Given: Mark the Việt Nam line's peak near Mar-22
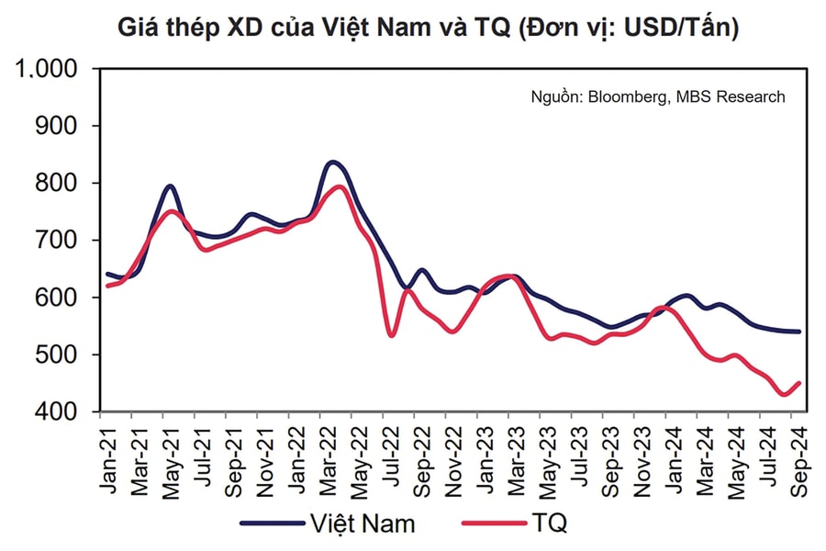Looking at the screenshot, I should (x=332, y=162).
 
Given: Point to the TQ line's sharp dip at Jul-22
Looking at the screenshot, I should (x=392, y=335).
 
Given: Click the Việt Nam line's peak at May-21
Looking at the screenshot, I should (x=170, y=186).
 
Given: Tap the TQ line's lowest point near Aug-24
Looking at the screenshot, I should (x=785, y=395).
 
